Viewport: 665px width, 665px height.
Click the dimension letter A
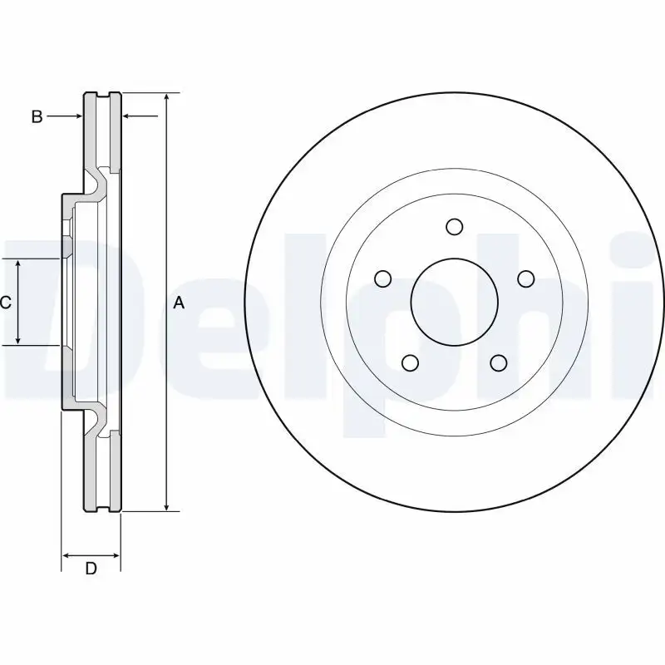(x=178, y=303)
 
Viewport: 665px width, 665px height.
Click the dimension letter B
(x=37, y=117)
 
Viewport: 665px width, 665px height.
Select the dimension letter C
(x=5, y=303)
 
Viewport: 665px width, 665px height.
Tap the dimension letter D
(x=91, y=569)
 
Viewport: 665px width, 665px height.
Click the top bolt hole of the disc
(x=454, y=227)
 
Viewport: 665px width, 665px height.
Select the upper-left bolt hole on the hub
(x=382, y=278)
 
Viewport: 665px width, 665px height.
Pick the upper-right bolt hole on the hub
(x=525, y=278)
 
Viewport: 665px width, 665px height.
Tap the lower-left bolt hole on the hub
(x=410, y=362)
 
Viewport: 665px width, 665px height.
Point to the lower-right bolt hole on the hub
(x=498, y=362)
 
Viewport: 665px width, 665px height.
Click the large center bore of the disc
(x=454, y=301)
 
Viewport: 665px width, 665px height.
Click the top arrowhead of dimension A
(x=167, y=99)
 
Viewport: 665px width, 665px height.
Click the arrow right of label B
(x=75, y=117)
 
